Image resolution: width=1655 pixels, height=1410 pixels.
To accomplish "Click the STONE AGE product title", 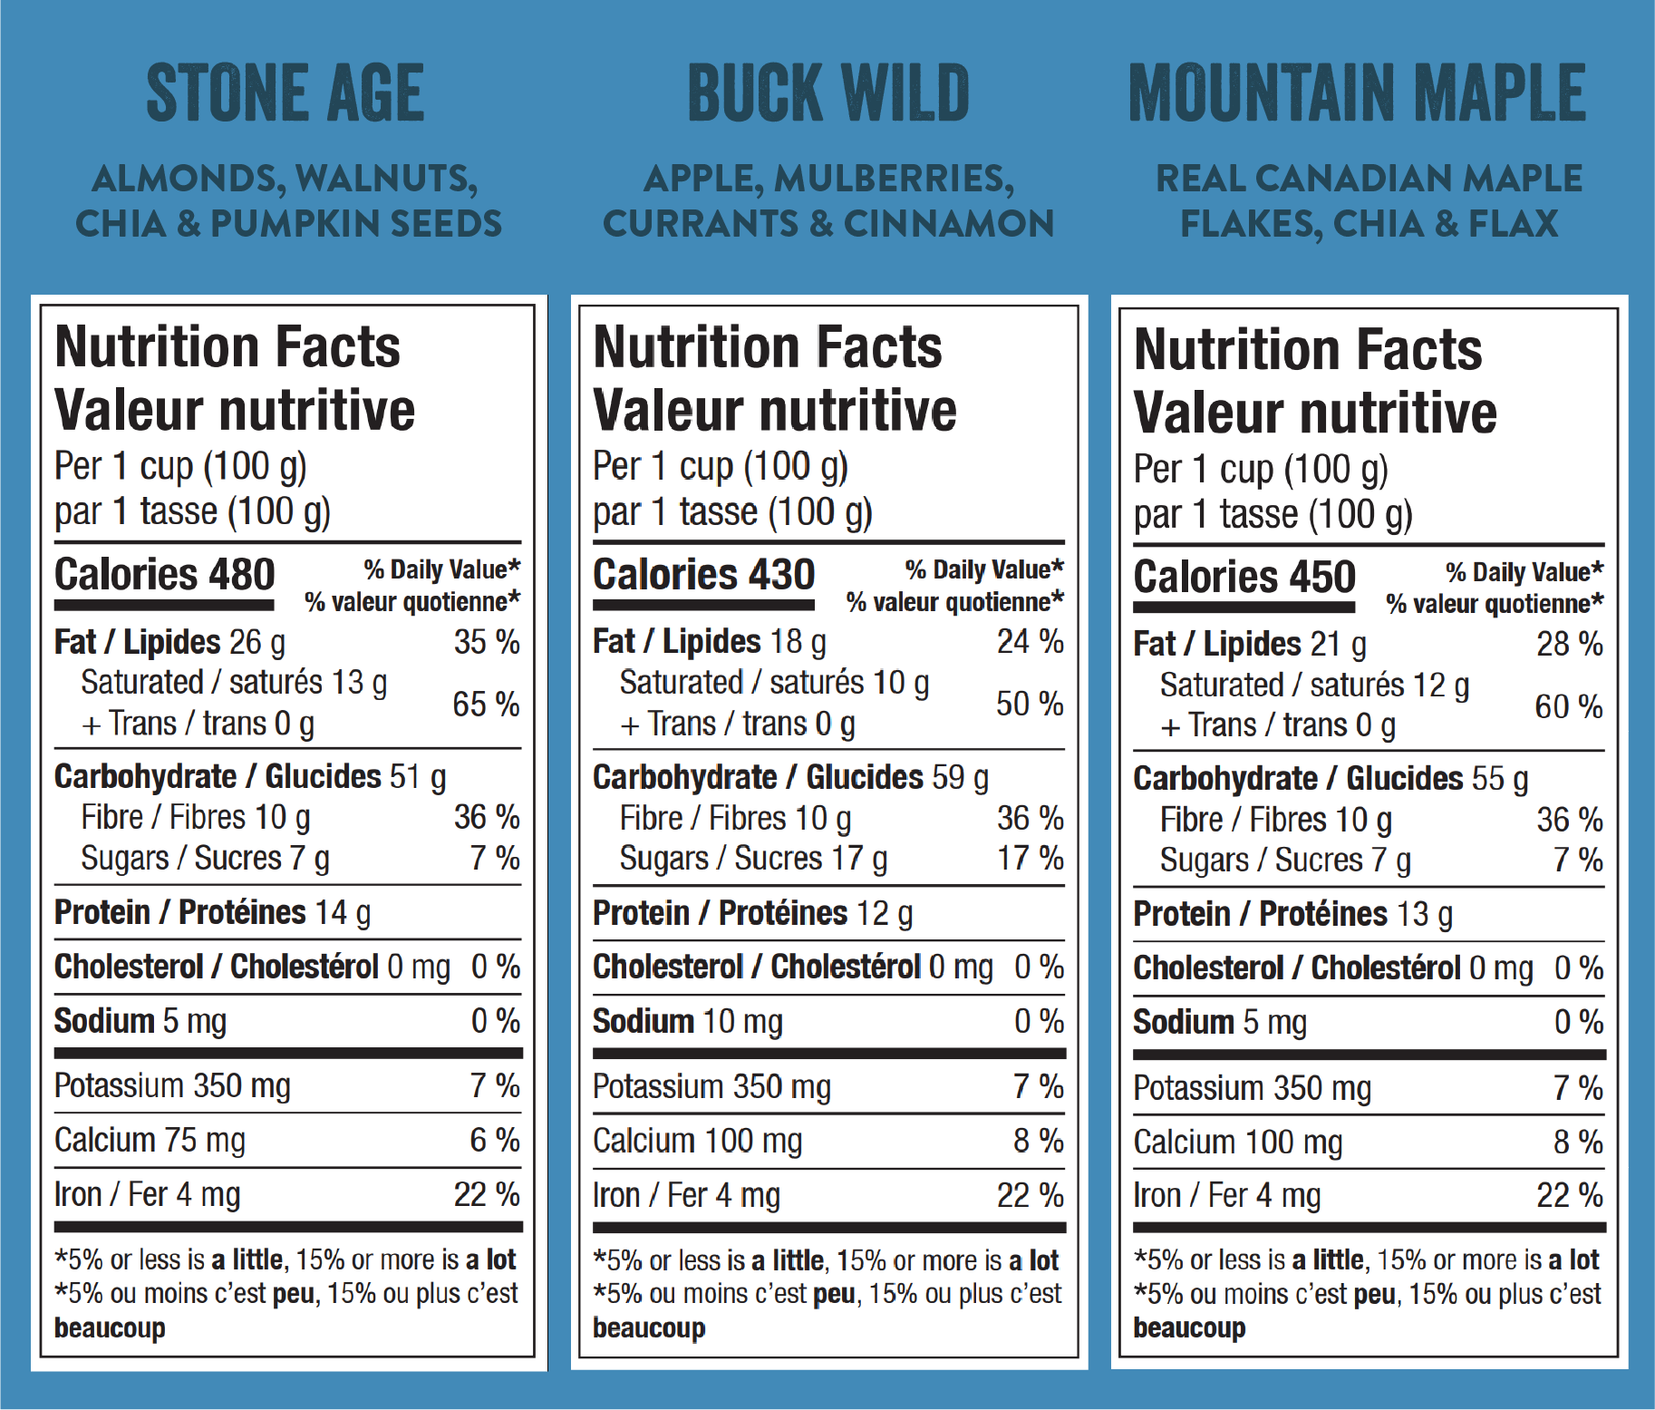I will point(285,93).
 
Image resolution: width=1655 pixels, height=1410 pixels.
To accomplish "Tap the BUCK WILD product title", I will point(828,93).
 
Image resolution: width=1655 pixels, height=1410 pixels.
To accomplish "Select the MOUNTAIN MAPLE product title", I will point(1357,93).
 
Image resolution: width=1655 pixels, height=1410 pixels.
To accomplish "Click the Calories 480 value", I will point(164,575).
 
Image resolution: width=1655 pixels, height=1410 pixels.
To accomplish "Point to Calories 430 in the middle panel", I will point(703,575).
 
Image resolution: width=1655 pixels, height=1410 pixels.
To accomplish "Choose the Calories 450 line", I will point(1244,578).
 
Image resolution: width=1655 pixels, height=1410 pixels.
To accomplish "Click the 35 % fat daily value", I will point(487,642).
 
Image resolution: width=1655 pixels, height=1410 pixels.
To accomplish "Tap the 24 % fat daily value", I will point(1030,642).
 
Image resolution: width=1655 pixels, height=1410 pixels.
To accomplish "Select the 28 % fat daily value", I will point(1569,645).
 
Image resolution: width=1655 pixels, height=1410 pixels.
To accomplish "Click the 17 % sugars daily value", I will point(1030,858).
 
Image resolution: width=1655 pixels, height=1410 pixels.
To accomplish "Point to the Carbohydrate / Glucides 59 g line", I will point(790,777).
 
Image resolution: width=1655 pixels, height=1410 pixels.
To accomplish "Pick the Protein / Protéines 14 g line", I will point(212,912).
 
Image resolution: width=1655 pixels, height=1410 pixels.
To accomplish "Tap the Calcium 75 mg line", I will point(150,1140).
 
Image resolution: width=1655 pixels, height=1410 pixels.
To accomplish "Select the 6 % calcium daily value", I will point(494,1140).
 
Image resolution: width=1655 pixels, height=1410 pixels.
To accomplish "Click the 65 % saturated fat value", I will point(486,704).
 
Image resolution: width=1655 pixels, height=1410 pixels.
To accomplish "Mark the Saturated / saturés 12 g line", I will point(1314,686).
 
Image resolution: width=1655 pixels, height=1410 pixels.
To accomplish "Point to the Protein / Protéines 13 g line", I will point(1292,914).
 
